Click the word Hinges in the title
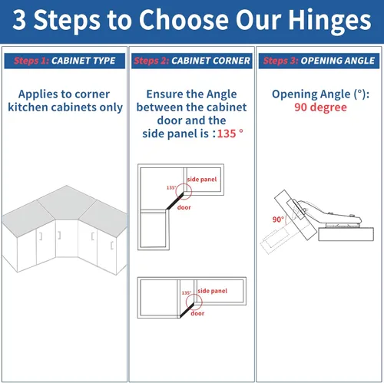click(x=329, y=21)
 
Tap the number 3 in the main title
click(x=19, y=19)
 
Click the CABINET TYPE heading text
click(x=84, y=61)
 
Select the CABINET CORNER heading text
click(x=210, y=61)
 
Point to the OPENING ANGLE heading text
click(x=338, y=61)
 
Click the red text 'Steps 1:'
click(x=31, y=61)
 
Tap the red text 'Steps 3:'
click(x=280, y=61)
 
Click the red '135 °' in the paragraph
click(x=230, y=134)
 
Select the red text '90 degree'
click(x=320, y=107)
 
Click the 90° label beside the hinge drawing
click(x=278, y=220)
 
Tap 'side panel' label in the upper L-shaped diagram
click(x=202, y=180)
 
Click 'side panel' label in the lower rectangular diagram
click(x=213, y=291)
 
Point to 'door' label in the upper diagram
click(x=184, y=207)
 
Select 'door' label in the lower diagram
click(x=197, y=313)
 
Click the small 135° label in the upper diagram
click(x=171, y=187)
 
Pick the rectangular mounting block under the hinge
click(x=346, y=234)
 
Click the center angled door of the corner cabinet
click(x=67, y=239)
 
